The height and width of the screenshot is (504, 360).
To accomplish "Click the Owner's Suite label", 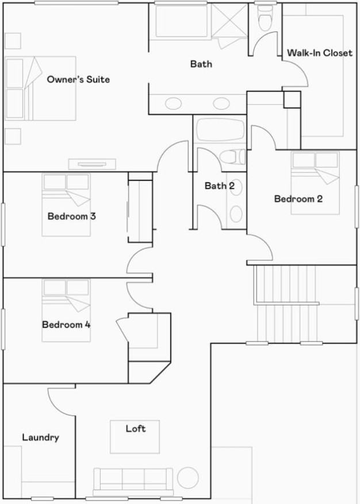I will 78,79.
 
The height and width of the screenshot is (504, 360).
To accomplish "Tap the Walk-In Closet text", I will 319,53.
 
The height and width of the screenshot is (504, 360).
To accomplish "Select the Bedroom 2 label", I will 298,199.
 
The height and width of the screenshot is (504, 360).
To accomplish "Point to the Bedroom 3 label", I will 71,217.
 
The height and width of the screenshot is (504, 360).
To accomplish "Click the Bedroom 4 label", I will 66,324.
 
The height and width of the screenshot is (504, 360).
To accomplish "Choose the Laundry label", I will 40,437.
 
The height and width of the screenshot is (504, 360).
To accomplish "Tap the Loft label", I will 136,429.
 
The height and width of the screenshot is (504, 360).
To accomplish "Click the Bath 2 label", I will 219,186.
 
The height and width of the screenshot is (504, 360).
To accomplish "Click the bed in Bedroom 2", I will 315,182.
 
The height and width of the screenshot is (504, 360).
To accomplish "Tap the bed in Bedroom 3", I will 66,204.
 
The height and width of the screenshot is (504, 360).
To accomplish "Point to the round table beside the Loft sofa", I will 187,477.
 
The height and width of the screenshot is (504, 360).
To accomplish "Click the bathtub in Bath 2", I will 220,130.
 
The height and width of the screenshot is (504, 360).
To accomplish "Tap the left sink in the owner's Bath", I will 173,104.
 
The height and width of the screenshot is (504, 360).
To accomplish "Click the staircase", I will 288,305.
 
